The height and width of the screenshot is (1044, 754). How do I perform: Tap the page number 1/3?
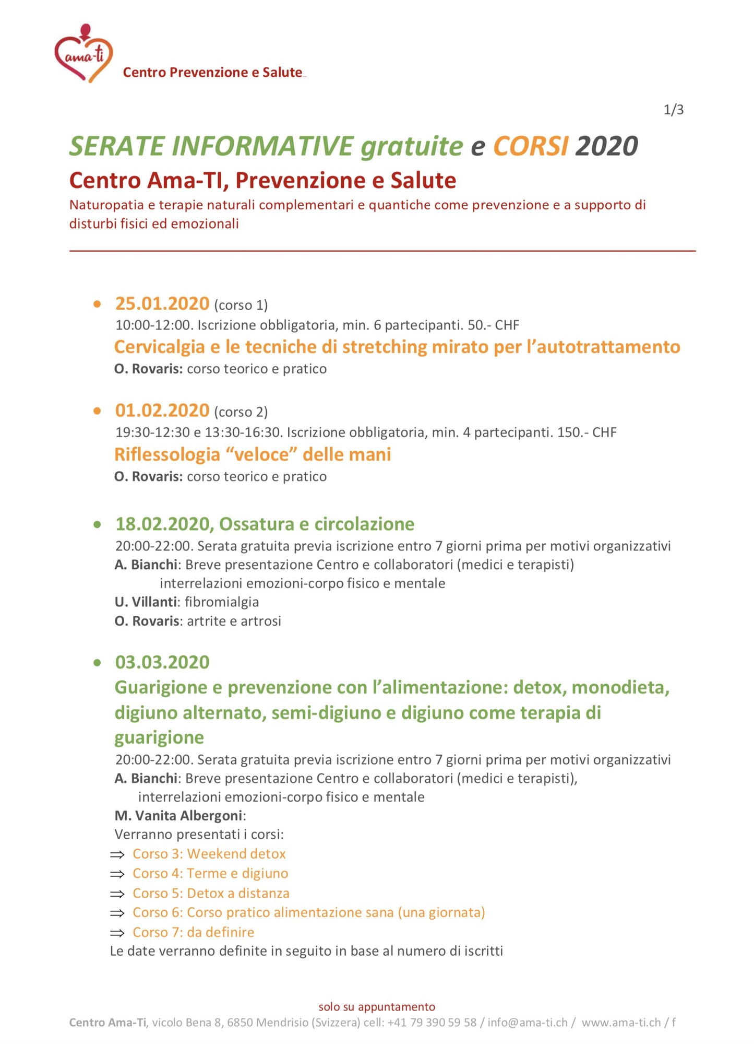pyautogui.click(x=673, y=110)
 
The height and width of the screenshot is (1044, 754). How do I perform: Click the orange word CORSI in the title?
pyautogui.click(x=530, y=146)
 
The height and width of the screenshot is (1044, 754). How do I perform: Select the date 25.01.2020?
pyautogui.click(x=162, y=303)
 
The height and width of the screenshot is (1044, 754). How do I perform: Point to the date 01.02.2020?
pyautogui.click(x=162, y=410)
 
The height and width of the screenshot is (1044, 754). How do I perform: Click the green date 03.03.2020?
pyautogui.click(x=162, y=662)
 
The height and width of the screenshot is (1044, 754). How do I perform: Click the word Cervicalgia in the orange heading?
pyautogui.click(x=159, y=347)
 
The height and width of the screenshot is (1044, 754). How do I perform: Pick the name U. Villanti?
pyautogui.click(x=146, y=602)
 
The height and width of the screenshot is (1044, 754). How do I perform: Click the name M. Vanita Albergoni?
pyautogui.click(x=178, y=816)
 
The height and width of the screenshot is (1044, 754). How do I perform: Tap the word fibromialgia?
pyautogui.click(x=222, y=602)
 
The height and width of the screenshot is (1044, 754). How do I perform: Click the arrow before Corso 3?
pyautogui.click(x=117, y=854)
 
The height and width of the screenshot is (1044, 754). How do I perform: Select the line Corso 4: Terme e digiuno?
pyautogui.click(x=210, y=873)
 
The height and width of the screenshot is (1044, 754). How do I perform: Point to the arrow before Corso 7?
pyautogui.click(x=117, y=933)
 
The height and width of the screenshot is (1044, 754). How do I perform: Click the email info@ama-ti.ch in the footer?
pyautogui.click(x=527, y=1023)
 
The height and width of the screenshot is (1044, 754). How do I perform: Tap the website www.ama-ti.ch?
pyautogui.click(x=621, y=1023)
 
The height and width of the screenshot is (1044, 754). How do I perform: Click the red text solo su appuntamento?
pyautogui.click(x=377, y=1007)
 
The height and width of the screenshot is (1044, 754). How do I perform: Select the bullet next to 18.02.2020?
pyautogui.click(x=98, y=524)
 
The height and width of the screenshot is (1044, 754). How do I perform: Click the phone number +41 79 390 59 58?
pyautogui.click(x=432, y=1023)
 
